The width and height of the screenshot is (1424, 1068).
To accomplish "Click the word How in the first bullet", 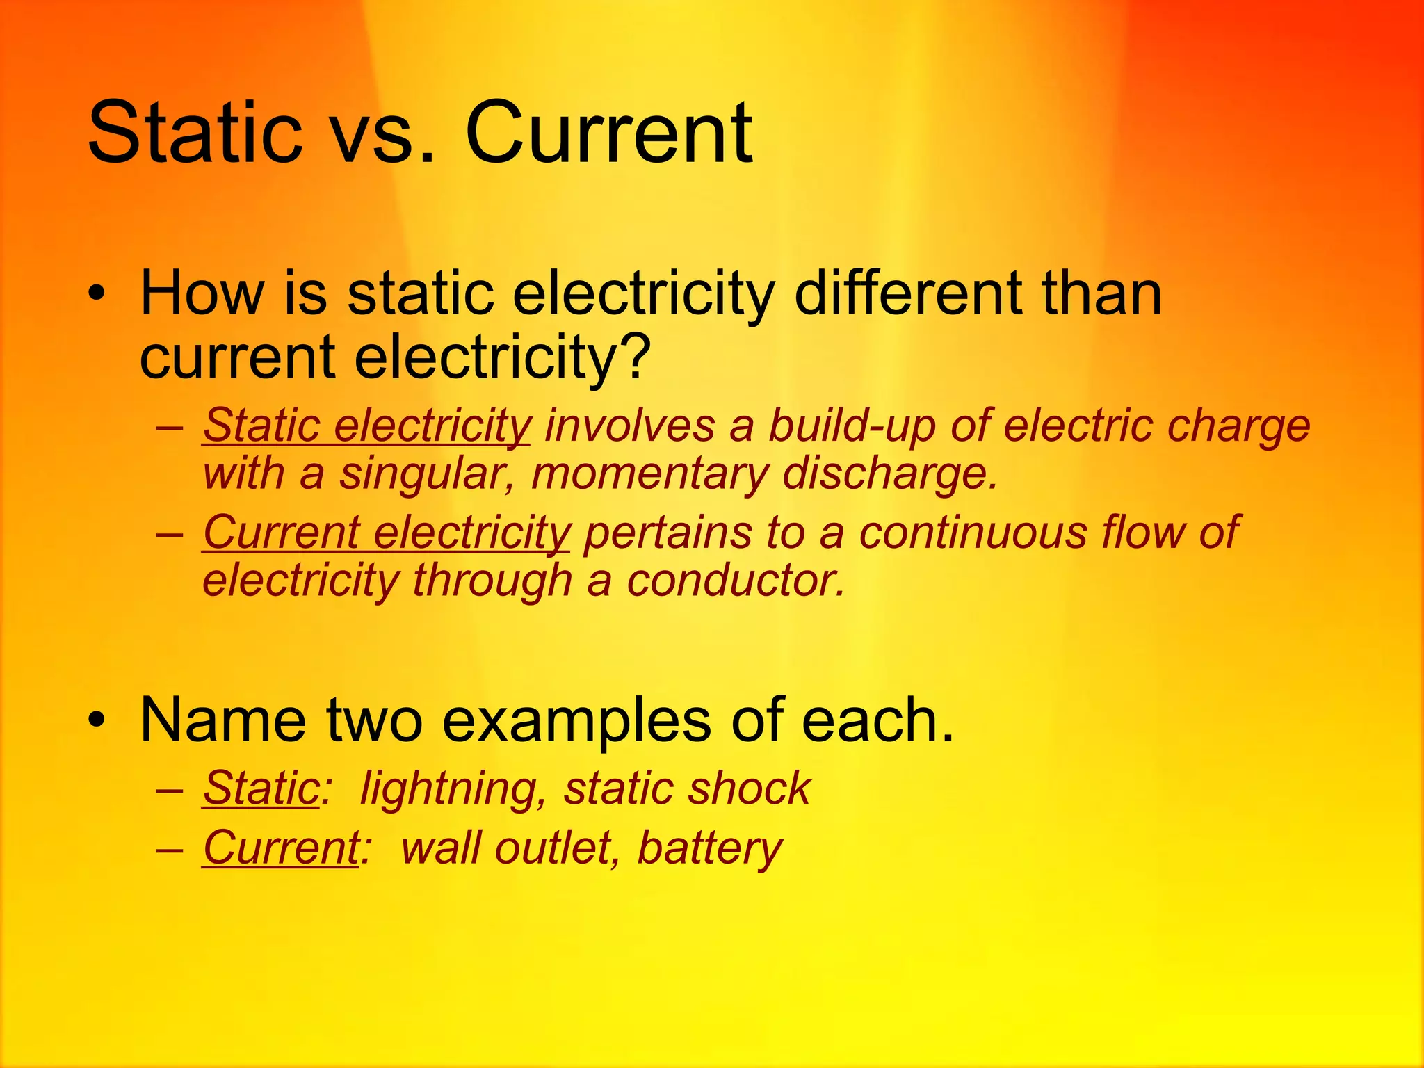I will [202, 293].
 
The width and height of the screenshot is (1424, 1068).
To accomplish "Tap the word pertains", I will [667, 533].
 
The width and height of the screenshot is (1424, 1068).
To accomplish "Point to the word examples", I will [576, 720].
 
